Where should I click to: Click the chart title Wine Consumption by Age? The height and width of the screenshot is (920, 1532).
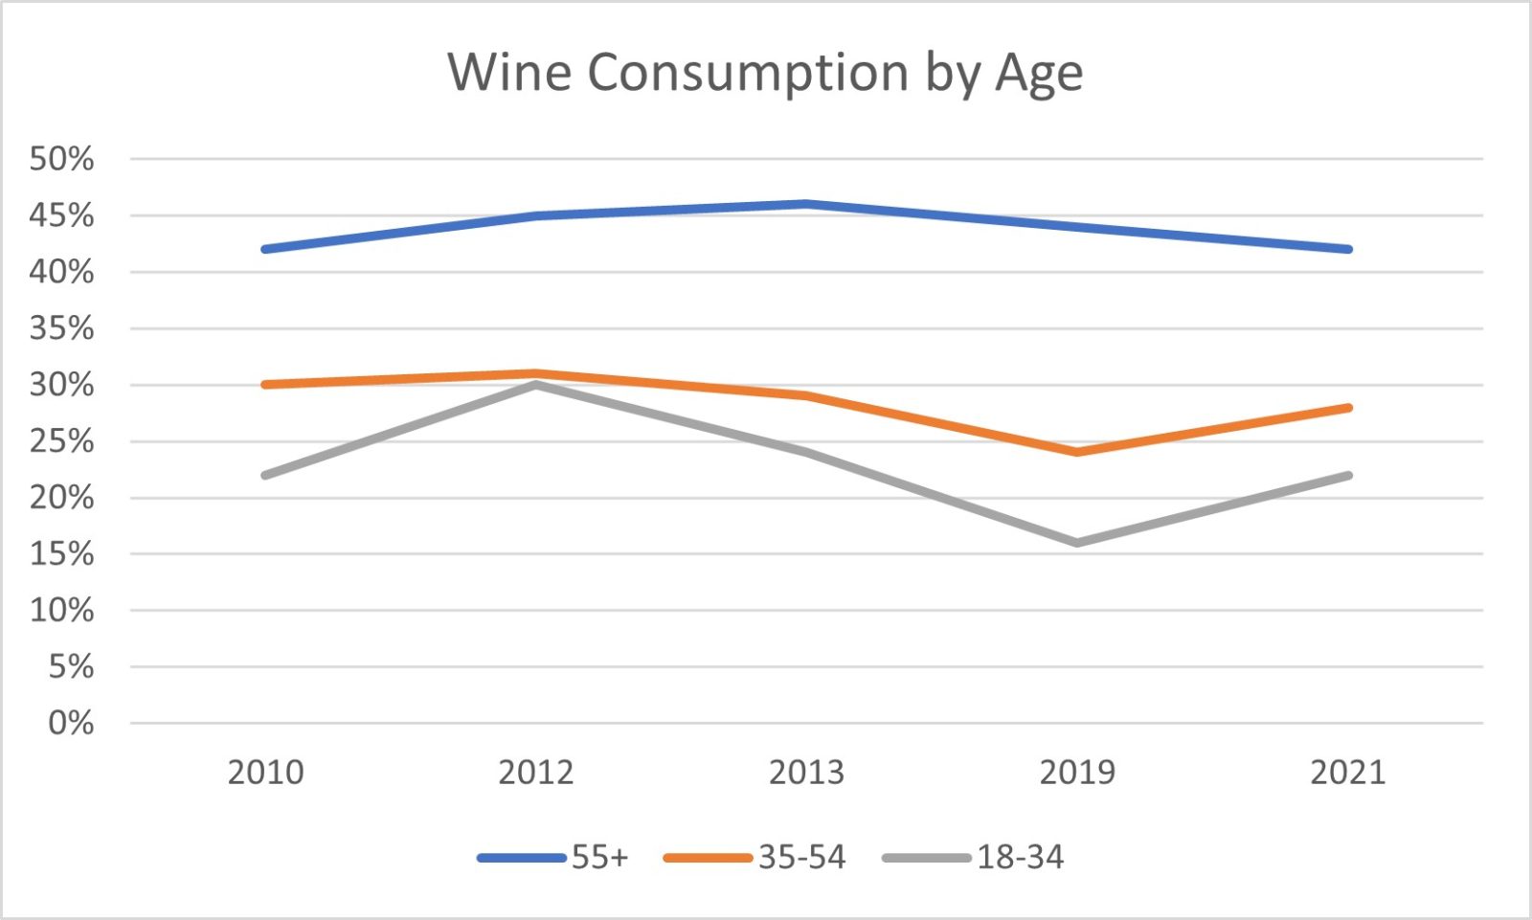765,73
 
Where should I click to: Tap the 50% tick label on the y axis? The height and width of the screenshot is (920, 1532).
62,159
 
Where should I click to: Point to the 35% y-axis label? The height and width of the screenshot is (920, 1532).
62,328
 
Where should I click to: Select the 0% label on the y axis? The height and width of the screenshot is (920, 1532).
71,723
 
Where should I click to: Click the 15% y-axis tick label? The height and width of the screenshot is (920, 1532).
62,554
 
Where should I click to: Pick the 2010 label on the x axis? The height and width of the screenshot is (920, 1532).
265,772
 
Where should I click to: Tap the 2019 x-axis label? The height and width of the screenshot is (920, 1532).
1077,772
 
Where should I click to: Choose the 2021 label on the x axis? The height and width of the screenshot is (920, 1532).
1348,772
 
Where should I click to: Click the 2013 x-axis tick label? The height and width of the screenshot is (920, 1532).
806,772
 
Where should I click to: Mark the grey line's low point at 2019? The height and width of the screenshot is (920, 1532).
1077,543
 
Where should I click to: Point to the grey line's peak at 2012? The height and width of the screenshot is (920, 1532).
536,385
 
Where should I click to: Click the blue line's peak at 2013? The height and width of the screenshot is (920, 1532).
806,204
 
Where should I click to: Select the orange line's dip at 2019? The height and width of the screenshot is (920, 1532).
1077,452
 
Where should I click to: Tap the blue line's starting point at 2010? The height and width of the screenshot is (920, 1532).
265,249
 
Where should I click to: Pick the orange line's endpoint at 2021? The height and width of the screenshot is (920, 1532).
1348,408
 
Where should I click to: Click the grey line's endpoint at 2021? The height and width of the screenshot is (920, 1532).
1348,475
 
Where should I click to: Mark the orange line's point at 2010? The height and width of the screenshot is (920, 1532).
265,385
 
